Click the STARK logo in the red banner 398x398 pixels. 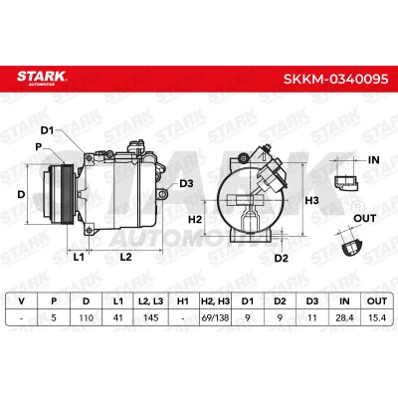point(42,79)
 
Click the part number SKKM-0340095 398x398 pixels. point(335,79)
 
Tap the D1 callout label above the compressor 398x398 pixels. point(47,130)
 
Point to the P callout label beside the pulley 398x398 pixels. point(39,147)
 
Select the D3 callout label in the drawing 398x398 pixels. point(186,183)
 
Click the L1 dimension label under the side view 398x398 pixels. point(79,257)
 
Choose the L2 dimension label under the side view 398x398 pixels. point(125,257)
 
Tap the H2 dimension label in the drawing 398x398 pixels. point(195,219)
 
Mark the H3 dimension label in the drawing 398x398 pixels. point(311,200)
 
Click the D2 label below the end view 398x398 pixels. point(282,258)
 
